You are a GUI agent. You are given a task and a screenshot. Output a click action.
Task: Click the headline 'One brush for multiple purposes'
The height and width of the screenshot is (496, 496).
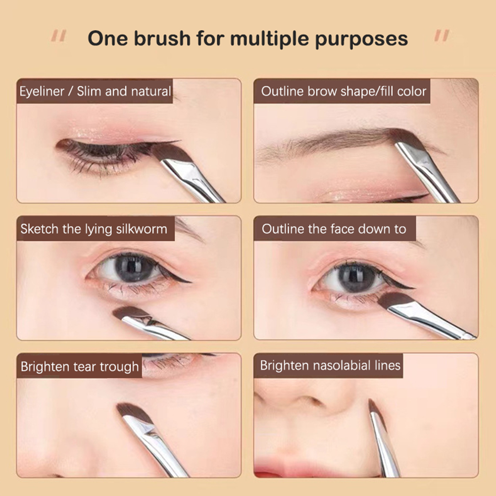248,39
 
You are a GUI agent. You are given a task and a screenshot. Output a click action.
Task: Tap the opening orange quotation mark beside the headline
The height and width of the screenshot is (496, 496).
59,36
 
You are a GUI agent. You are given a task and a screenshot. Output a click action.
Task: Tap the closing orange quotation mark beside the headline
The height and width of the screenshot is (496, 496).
442,36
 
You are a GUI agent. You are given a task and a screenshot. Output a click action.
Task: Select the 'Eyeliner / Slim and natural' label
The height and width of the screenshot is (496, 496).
95,91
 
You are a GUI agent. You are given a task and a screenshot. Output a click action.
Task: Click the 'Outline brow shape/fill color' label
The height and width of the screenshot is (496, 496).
344,91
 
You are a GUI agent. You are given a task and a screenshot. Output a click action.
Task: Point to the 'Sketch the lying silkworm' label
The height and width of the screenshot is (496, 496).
94,229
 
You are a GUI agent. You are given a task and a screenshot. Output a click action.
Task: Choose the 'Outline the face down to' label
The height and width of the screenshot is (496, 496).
334,228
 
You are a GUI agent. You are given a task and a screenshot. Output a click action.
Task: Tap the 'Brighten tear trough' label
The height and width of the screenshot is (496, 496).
80,366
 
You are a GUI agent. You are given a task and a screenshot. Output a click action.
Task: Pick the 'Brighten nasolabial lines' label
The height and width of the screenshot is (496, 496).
330,365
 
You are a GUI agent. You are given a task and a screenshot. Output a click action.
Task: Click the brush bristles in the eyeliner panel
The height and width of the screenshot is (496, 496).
169,152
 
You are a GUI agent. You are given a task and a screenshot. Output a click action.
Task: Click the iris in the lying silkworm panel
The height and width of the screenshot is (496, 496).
134,269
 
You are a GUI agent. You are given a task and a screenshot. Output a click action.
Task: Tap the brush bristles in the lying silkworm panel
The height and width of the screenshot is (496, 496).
130,313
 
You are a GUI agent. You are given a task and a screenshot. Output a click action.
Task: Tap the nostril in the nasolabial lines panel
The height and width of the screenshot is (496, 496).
311,401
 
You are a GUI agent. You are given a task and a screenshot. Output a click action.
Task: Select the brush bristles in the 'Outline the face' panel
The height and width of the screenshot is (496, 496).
394,300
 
